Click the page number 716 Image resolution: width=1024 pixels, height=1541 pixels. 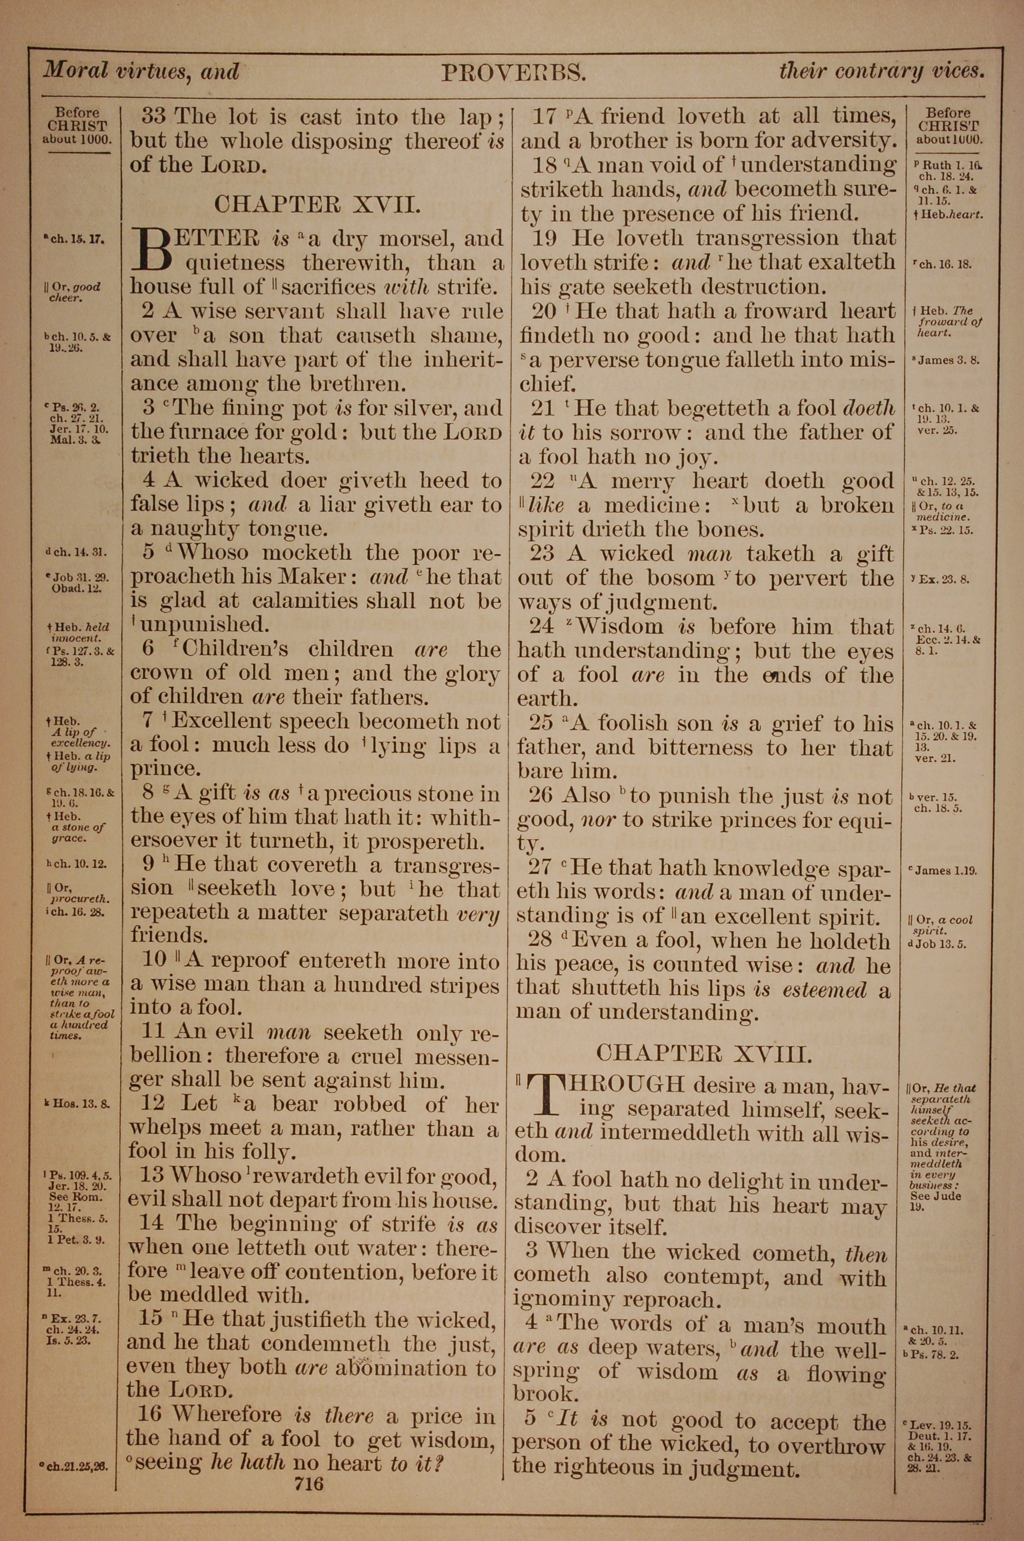308,1460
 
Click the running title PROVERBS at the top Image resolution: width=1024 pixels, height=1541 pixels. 514,73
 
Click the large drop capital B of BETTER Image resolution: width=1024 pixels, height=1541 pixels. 152,249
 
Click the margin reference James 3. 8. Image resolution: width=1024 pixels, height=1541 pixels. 948,360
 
